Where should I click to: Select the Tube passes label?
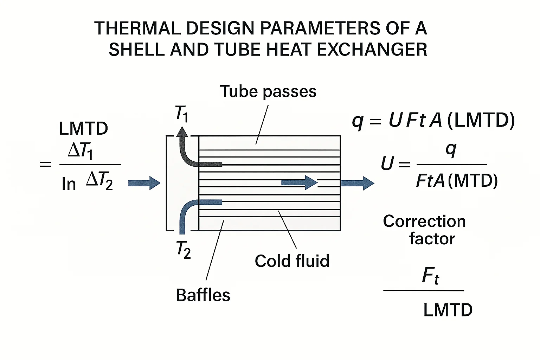point(268,91)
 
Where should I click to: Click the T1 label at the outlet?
point(182,114)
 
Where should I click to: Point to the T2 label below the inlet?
point(184,250)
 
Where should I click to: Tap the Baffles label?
point(203,295)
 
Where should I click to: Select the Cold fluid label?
point(292,261)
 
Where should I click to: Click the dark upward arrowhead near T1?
point(182,133)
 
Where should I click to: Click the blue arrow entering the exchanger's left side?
point(144,183)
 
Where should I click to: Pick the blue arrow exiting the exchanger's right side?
point(357,183)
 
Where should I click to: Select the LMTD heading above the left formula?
point(83,129)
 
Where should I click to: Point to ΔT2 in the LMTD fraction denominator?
point(99,180)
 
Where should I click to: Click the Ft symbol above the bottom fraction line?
point(430,276)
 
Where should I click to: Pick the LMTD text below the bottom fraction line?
point(448,310)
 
